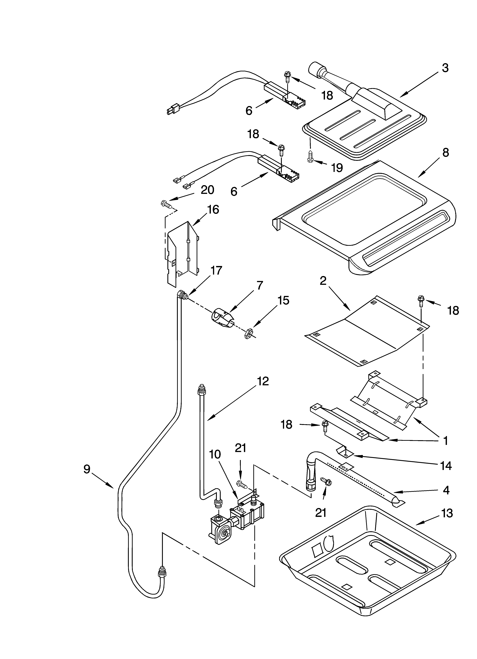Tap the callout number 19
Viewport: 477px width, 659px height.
click(x=337, y=168)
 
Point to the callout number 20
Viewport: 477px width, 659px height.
click(x=207, y=190)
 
